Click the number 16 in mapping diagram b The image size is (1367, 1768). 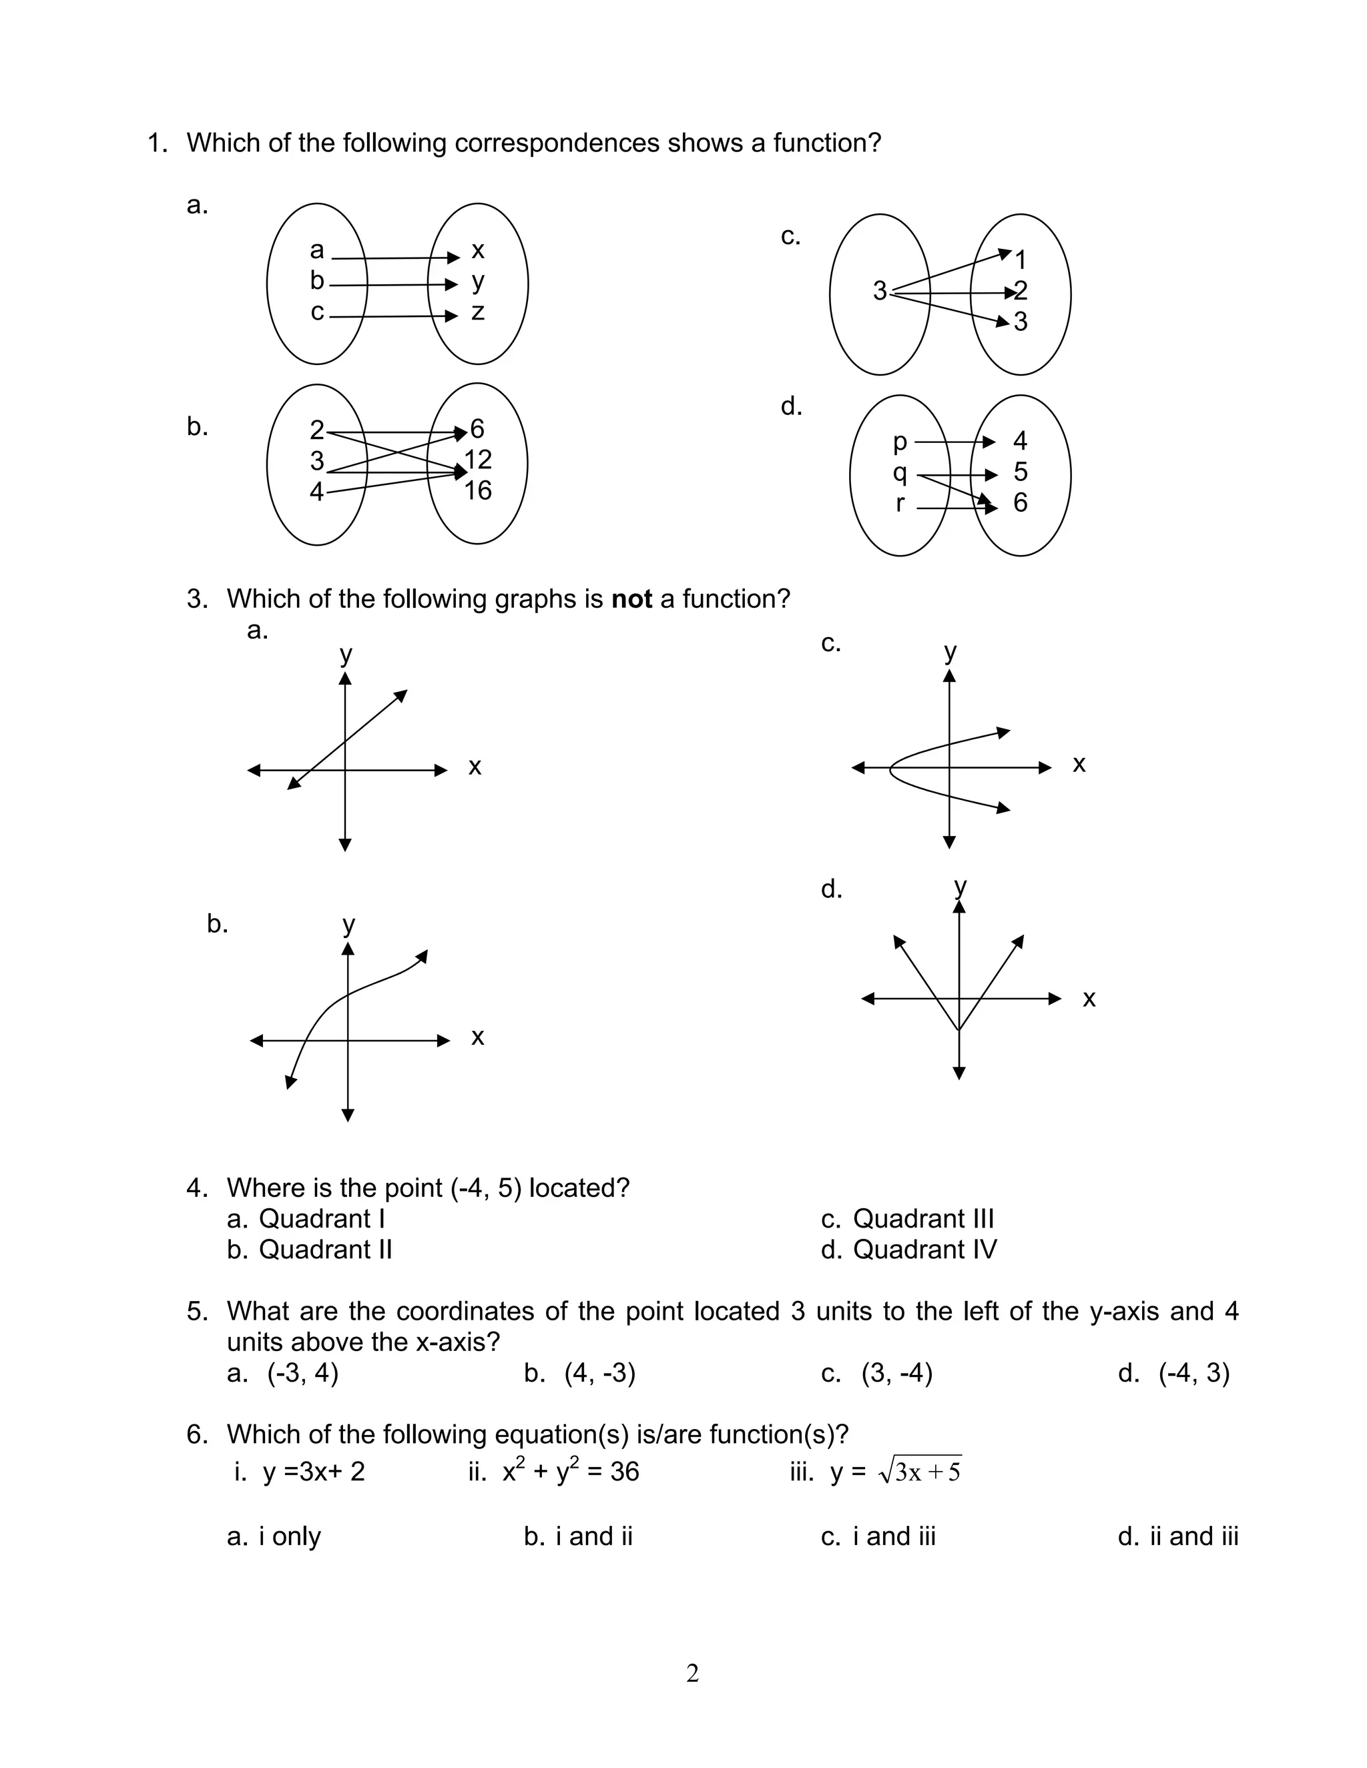pos(478,490)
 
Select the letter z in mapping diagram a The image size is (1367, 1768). pos(478,312)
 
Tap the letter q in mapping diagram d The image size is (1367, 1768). pos(900,473)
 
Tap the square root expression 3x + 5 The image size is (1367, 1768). pos(920,1471)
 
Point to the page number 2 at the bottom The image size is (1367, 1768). pos(692,1673)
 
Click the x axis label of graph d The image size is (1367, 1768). pos(1089,999)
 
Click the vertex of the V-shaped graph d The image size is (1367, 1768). pos(959,1031)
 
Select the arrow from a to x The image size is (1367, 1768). pos(395,258)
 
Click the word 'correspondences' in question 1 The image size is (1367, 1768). pos(557,143)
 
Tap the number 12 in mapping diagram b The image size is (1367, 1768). pos(478,460)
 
